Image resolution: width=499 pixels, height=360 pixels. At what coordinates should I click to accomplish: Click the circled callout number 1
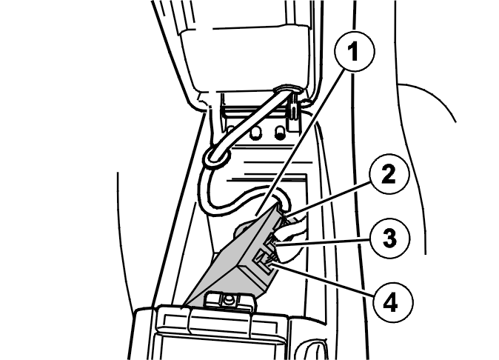(355, 51)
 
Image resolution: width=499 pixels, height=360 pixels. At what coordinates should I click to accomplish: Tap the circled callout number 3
(390, 238)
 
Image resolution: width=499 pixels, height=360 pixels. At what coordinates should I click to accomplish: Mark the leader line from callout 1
(301, 141)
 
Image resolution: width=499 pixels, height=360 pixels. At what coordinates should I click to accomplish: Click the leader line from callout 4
(324, 279)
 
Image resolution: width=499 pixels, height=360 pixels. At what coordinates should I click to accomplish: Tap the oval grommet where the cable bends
(216, 156)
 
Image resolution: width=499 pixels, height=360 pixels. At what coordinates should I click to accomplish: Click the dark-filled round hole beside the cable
(280, 133)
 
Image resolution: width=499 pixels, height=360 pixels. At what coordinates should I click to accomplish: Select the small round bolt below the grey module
(228, 299)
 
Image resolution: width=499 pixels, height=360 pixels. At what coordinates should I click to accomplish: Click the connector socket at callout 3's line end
(269, 241)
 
